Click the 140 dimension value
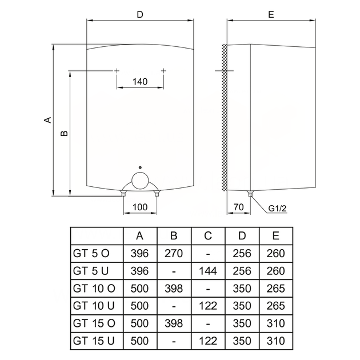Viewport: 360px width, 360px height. click(140, 82)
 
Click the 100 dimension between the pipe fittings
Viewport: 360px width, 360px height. click(140, 207)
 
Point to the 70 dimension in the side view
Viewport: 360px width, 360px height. click(238, 207)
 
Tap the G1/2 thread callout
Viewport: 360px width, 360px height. click(277, 209)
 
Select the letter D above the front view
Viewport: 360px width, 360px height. click(140, 15)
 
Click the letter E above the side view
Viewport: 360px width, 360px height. click(271, 15)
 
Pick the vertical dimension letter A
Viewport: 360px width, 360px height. click(48, 119)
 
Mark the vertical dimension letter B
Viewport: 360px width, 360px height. click(64, 133)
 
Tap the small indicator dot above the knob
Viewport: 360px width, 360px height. click(140, 167)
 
